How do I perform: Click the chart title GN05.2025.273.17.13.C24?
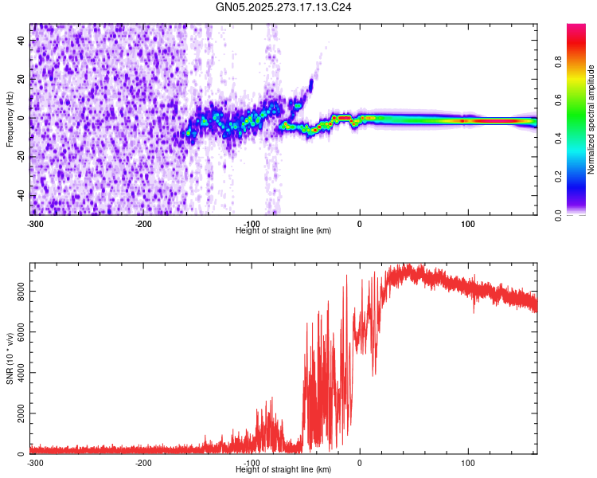coord(284,7)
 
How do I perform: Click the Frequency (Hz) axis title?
coord(10,119)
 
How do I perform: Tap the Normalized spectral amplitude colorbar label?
coord(591,119)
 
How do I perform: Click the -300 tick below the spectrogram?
coord(34,223)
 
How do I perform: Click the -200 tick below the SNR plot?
coord(143,462)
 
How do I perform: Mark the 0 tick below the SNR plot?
coord(360,462)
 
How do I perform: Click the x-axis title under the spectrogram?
coord(284,230)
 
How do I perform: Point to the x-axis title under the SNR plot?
coord(284,469)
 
